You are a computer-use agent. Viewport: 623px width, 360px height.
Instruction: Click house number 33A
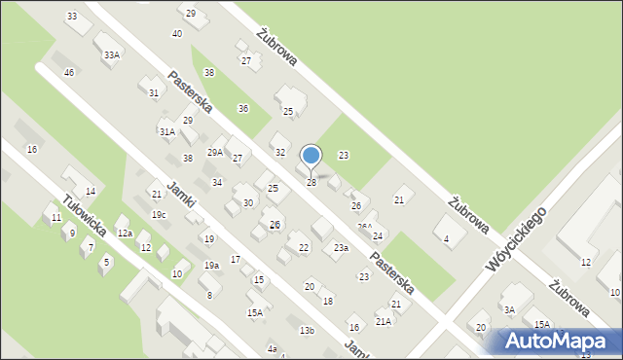point(112,55)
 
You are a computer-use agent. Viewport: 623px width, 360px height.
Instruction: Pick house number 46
point(69,73)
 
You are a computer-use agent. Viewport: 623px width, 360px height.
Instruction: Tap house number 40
point(176,34)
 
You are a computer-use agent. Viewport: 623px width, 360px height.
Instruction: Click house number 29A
point(215,152)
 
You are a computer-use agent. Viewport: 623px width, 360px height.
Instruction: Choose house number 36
point(243,108)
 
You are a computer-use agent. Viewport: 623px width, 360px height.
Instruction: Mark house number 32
point(280,153)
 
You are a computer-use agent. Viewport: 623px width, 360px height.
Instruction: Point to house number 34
point(217,183)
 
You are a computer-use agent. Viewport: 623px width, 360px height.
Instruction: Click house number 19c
point(159,214)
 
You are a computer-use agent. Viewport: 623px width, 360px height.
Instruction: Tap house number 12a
point(125,234)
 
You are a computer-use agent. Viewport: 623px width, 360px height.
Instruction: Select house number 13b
point(307,331)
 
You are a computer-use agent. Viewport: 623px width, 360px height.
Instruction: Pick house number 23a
point(341,249)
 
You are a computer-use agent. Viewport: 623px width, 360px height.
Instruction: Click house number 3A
point(509,309)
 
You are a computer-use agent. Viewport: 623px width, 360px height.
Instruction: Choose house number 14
point(91,192)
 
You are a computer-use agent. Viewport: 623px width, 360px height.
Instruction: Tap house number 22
point(304,248)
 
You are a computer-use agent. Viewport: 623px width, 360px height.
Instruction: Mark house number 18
point(328,301)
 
